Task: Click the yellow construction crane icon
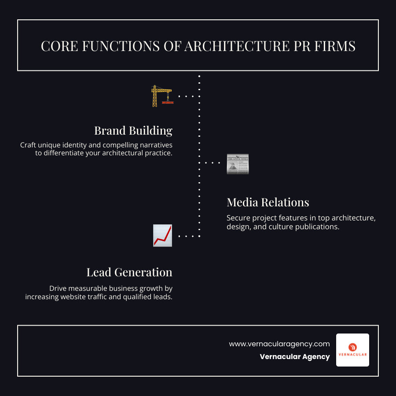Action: (161, 96)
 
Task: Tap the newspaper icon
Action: (238, 164)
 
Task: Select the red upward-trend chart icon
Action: (162, 235)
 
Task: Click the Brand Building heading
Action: (133, 131)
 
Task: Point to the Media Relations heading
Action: (268, 202)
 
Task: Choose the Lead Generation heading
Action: (129, 272)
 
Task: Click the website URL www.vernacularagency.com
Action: (279, 344)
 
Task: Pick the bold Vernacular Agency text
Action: (294, 356)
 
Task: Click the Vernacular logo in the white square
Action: (352, 350)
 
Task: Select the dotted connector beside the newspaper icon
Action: (213, 163)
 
